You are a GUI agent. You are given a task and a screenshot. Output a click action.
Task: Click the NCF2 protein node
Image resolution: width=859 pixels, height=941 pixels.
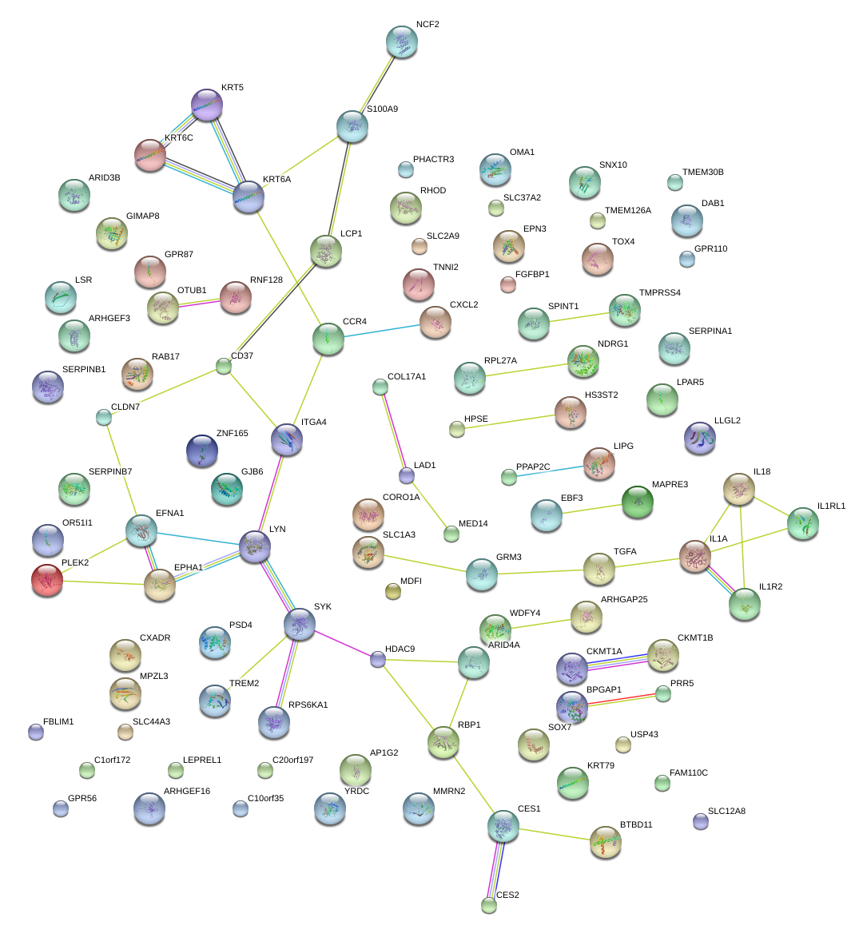click(x=401, y=42)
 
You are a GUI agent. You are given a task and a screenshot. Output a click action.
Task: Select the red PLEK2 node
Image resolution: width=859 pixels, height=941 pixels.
click(x=46, y=580)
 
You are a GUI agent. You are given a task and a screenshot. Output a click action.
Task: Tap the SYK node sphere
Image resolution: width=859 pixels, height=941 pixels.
click(x=300, y=624)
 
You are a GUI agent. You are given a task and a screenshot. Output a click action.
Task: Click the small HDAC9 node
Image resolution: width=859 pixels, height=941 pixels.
click(x=378, y=659)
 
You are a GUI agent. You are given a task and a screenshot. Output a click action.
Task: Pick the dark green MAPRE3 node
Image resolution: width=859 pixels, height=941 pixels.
click(x=638, y=502)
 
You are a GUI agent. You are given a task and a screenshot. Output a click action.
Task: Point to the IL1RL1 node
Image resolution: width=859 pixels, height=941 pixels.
click(x=802, y=523)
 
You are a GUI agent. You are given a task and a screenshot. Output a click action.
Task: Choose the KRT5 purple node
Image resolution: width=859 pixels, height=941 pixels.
click(x=208, y=105)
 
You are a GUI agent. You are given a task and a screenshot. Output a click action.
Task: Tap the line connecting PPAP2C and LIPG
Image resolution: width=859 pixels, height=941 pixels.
click(x=552, y=471)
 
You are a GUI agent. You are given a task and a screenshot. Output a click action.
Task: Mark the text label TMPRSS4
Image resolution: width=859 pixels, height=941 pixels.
click(x=659, y=293)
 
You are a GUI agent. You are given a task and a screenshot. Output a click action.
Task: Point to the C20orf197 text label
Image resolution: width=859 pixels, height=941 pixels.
click(x=292, y=760)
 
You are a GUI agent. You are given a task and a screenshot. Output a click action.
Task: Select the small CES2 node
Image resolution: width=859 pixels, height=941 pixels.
click(x=489, y=905)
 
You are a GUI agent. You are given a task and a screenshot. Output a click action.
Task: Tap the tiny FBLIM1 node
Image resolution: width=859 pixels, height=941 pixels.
click(x=35, y=731)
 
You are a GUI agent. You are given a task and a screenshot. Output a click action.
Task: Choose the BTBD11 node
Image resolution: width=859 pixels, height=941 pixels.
click(x=605, y=842)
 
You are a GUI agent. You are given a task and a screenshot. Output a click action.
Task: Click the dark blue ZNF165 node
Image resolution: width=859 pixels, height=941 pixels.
click(x=201, y=451)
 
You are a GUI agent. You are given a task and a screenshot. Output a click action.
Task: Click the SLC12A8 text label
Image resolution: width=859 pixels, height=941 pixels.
click(x=726, y=812)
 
